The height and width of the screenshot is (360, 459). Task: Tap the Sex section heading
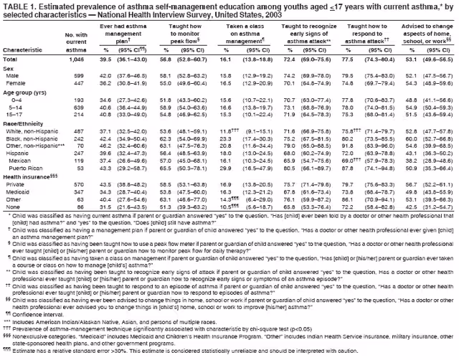pos(9,68)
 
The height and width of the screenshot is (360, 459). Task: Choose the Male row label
pos(13,75)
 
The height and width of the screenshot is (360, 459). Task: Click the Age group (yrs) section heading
pos(25,93)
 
